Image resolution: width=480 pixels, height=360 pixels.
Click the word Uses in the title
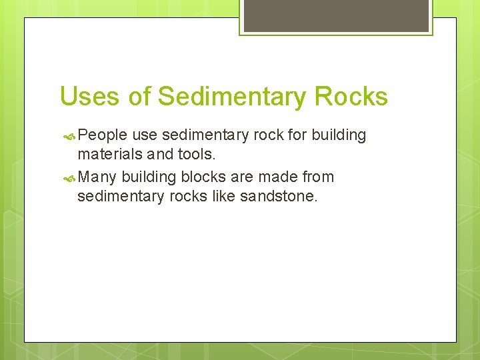pos(90,97)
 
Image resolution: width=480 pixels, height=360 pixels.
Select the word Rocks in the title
pos(351,97)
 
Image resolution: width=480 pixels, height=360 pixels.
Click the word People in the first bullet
pos(102,135)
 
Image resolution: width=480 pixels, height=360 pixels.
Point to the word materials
pos(107,155)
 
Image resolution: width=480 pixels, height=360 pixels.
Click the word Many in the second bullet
pos(97,177)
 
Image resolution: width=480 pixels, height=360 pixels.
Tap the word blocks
pos(204,177)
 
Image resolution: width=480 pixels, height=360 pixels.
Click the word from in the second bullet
pos(319,177)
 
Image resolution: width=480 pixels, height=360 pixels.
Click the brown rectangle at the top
pos(335,15)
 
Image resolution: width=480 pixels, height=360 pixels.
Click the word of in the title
pos(139,97)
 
